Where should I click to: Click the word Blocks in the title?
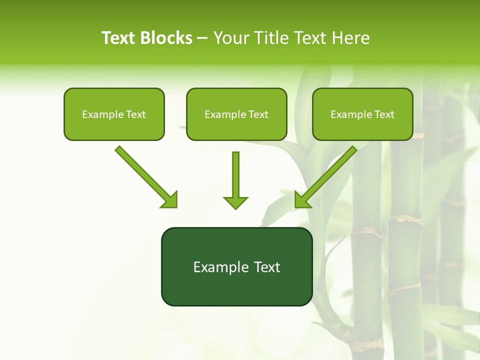pyautogui.click(x=166, y=38)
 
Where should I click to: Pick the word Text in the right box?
pyautogui.click(x=384, y=114)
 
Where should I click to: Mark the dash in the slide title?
pyautogui.click(x=202, y=38)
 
